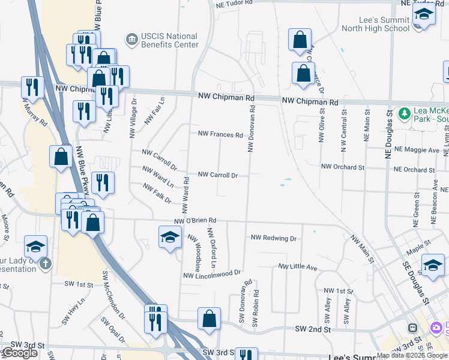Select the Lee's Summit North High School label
[x=376, y=24]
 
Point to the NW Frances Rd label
[x=220, y=135]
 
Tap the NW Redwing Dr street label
[x=274, y=238]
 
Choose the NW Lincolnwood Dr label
[x=212, y=274]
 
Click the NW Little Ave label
[x=297, y=266]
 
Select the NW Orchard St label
[x=343, y=167]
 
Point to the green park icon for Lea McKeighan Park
[x=405, y=113]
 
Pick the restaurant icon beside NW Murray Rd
[x=32, y=88]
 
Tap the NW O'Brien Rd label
[x=194, y=222]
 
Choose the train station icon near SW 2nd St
[x=413, y=328]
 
